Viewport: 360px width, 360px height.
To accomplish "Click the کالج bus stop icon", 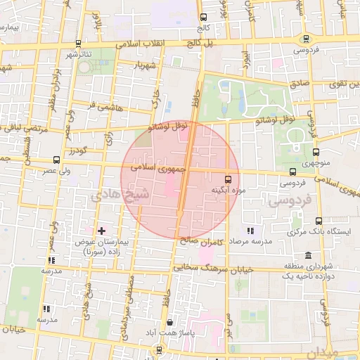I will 204,18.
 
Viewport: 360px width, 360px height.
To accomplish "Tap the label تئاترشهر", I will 81,54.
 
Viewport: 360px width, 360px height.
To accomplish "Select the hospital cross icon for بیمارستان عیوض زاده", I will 101,231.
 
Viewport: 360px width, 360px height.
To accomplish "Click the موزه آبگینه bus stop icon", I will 228,179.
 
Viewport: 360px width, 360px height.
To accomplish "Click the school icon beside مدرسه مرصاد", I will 249,231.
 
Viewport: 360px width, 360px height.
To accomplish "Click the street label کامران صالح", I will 209,240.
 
